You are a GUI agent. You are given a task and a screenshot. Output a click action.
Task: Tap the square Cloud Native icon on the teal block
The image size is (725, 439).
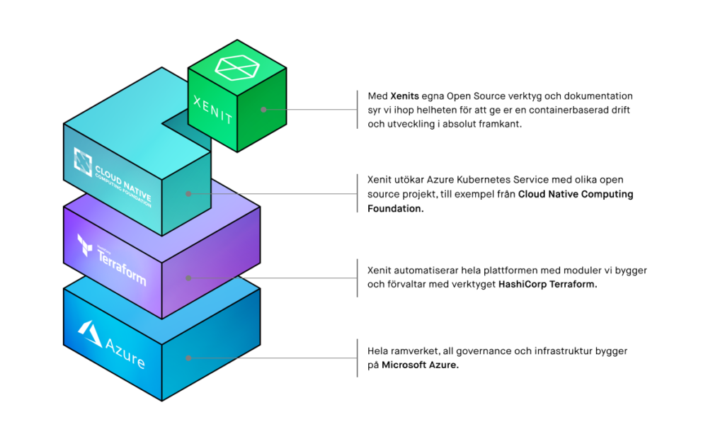tap(83, 162)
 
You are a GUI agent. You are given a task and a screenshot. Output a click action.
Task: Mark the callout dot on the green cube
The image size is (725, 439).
tap(263, 110)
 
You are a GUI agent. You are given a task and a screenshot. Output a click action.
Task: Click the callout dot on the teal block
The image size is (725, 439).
tap(188, 193)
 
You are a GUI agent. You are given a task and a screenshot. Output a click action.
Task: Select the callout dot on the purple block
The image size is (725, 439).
tap(188, 278)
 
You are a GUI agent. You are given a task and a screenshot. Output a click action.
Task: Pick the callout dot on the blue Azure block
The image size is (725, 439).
tap(188, 358)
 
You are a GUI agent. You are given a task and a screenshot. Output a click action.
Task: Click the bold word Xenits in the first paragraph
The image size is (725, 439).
tap(405, 96)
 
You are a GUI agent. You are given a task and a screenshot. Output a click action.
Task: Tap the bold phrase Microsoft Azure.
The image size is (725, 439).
tap(420, 365)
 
